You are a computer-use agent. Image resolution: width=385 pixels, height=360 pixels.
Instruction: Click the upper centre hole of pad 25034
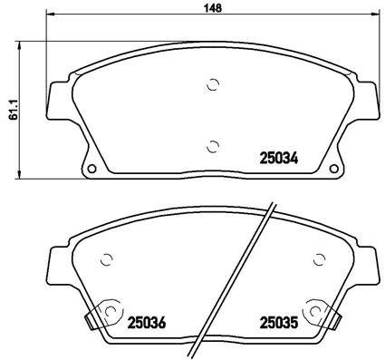(213, 85)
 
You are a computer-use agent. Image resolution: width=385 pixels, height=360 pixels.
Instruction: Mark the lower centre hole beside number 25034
(213, 144)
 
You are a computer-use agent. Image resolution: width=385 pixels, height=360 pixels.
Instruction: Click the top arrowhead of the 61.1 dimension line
(22, 44)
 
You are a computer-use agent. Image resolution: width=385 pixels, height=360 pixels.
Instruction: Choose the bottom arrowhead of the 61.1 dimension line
(22, 175)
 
